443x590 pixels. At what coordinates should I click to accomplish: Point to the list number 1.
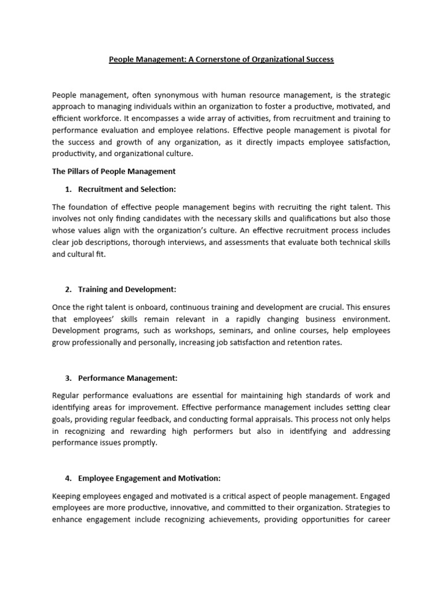67,190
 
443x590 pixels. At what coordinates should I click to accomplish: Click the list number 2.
67,289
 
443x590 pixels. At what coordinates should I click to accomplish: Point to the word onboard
139,308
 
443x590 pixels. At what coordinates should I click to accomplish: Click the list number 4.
67,478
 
